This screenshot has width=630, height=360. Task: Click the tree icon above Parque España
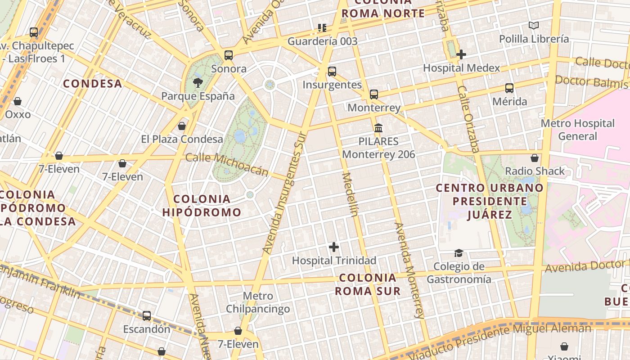click(x=197, y=82)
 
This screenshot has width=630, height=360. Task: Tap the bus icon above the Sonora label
click(x=229, y=55)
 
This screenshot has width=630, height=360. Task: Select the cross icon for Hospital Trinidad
click(x=334, y=247)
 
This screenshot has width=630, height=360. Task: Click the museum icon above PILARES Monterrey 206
click(x=378, y=128)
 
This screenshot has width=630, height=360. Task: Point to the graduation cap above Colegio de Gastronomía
click(x=459, y=253)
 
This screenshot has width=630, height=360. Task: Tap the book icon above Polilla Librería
click(x=534, y=26)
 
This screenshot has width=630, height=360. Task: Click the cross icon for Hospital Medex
click(x=461, y=54)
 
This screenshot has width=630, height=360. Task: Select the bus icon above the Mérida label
click(x=509, y=88)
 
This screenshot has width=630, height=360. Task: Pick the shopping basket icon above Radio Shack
click(x=535, y=158)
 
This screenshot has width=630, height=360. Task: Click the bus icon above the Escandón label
click(x=147, y=316)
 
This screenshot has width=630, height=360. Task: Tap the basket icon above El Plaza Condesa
click(x=182, y=126)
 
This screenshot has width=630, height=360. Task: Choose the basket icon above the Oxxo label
click(x=18, y=101)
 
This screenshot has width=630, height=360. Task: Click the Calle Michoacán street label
click(x=227, y=164)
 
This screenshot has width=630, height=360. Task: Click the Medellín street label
click(x=350, y=194)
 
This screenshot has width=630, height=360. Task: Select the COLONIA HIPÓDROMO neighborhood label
click(x=202, y=205)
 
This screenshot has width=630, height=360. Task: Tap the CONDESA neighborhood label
click(x=93, y=83)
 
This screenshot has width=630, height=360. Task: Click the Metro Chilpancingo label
click(x=258, y=302)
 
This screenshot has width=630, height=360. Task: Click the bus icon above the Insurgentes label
click(x=332, y=71)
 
